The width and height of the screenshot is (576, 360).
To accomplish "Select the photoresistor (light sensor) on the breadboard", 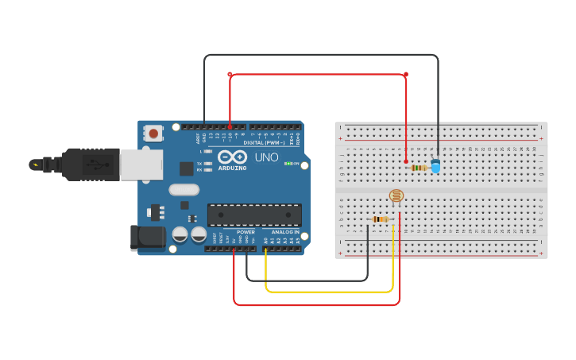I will coord(396,195).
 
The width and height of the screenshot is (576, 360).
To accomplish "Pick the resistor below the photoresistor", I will coord(381,219).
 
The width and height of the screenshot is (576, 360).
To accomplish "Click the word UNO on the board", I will coord(266,157).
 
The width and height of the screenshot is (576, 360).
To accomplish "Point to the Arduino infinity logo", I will coord(232,157).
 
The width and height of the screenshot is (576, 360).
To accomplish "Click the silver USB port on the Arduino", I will coord(141,165).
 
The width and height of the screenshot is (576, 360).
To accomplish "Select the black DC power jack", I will coord(148,238).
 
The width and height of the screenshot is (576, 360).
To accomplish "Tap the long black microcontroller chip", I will coord(254,215).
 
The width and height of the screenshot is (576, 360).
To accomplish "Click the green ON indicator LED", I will coord(288,164).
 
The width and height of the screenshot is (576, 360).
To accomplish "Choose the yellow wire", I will coord(330,292).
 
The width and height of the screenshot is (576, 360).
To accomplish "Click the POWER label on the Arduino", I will coord(245,233).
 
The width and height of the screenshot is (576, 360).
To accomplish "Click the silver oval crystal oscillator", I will coord(184,190).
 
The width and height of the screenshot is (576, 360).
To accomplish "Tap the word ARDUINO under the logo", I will coord(232,168).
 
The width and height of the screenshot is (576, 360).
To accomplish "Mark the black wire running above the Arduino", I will coord(318,55).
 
